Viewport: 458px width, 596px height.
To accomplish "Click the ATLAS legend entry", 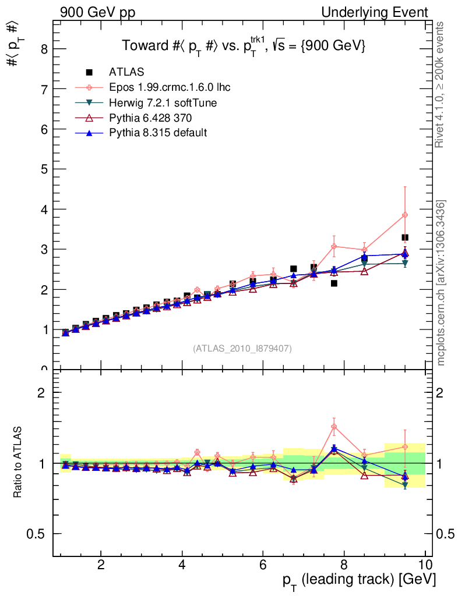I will [x=126, y=72].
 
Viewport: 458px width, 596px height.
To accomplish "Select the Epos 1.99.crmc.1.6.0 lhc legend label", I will [x=170, y=88].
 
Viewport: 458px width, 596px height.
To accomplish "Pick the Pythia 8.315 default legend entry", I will [x=157, y=133].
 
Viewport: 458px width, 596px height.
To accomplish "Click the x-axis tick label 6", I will [x=263, y=565].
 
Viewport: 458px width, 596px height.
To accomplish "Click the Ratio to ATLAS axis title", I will [x=19, y=463].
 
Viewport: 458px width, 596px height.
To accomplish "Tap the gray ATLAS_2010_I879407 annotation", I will [x=242, y=348].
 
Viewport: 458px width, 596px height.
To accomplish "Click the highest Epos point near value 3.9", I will [x=404, y=215].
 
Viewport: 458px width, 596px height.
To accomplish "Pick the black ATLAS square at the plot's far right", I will [x=404, y=237].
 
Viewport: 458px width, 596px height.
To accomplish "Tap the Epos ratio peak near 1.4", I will [x=334, y=427].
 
